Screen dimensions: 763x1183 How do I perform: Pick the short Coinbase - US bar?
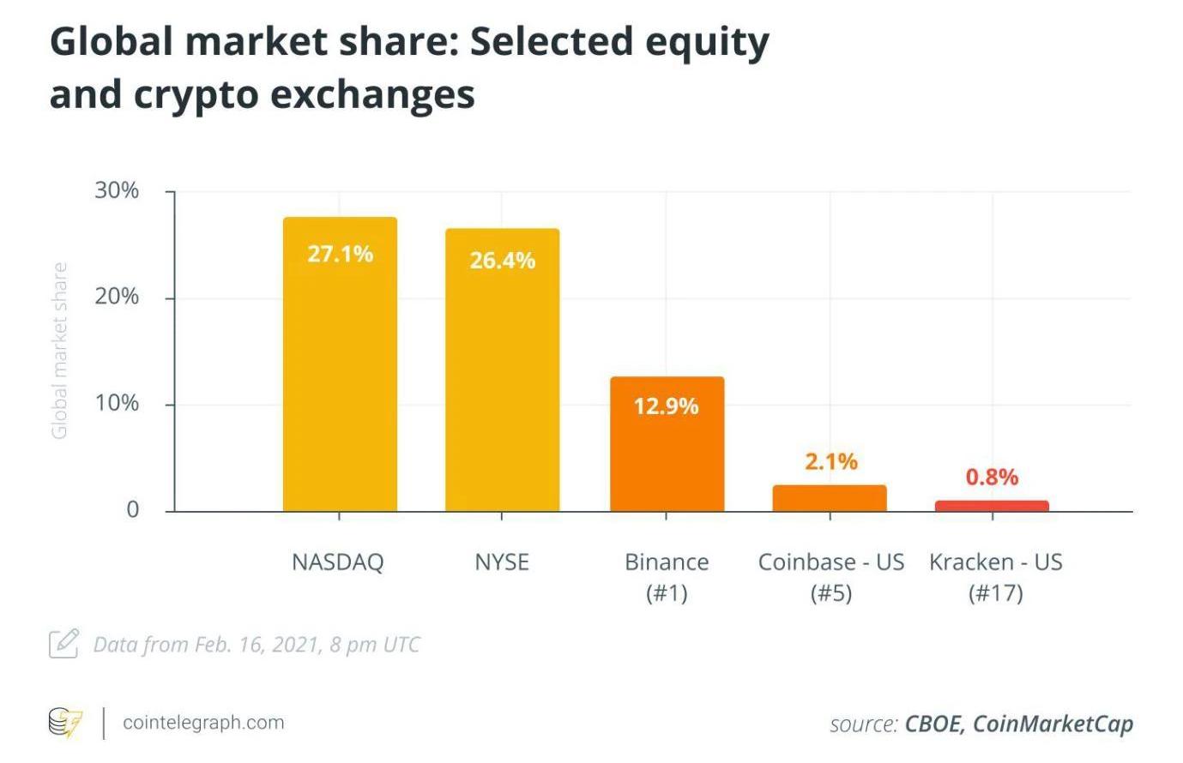coord(829,498)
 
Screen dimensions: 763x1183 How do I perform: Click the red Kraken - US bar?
coord(992,506)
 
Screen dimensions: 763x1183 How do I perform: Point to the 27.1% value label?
coord(340,254)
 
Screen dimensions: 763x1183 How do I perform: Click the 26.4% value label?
coord(502,260)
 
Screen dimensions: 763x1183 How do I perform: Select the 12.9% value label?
coord(667,406)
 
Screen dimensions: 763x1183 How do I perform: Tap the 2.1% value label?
coord(830,461)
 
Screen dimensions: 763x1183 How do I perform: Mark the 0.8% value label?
coord(992,477)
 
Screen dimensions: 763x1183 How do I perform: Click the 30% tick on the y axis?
coord(117,190)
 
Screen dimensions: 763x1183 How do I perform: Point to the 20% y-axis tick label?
coord(117,297)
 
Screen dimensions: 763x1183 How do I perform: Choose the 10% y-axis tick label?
coord(117,403)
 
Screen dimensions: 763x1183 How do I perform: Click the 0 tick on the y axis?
coord(132,509)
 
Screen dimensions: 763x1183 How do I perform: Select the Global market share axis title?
coord(59,351)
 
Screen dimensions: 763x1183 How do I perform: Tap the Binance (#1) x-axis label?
coord(667,577)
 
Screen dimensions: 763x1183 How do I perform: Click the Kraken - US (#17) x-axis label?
coord(995,577)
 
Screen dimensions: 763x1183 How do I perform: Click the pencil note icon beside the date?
coord(63,643)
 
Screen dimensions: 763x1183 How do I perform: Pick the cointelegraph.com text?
coord(203,722)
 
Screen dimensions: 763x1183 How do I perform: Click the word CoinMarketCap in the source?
coord(1053,724)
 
